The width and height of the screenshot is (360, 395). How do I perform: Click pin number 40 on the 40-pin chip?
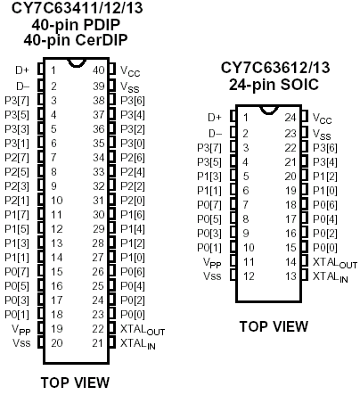pos(99,70)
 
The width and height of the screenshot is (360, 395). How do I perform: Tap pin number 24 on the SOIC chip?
pos(290,118)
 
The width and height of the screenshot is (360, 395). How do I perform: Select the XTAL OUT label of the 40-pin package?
pos(143,330)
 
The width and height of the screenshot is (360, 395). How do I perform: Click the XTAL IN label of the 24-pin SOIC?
pos(330,277)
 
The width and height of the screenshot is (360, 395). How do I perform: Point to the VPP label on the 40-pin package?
pos(21,330)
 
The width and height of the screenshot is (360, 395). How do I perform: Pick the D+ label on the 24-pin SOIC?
pos(215,118)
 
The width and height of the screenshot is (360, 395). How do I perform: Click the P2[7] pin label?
pos(17,158)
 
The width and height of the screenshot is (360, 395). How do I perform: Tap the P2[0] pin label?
pos(133,201)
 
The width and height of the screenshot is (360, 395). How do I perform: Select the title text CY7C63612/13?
pos(275,68)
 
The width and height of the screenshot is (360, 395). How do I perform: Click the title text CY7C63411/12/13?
pos(77,8)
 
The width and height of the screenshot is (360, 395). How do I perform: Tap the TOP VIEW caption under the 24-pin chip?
pos(274,326)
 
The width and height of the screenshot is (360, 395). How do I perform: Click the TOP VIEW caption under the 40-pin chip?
pos(75,383)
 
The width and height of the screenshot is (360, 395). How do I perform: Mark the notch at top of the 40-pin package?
pos(77,63)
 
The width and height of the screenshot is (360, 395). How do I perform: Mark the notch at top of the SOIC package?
pos(269,111)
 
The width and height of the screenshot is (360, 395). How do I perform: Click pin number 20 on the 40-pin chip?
pos(57,343)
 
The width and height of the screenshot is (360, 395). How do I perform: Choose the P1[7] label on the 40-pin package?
pos(17,215)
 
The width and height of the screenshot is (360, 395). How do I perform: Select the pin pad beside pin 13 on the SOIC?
pos(304,275)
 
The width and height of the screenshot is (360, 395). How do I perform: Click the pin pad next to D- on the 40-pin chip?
pos(41,86)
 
